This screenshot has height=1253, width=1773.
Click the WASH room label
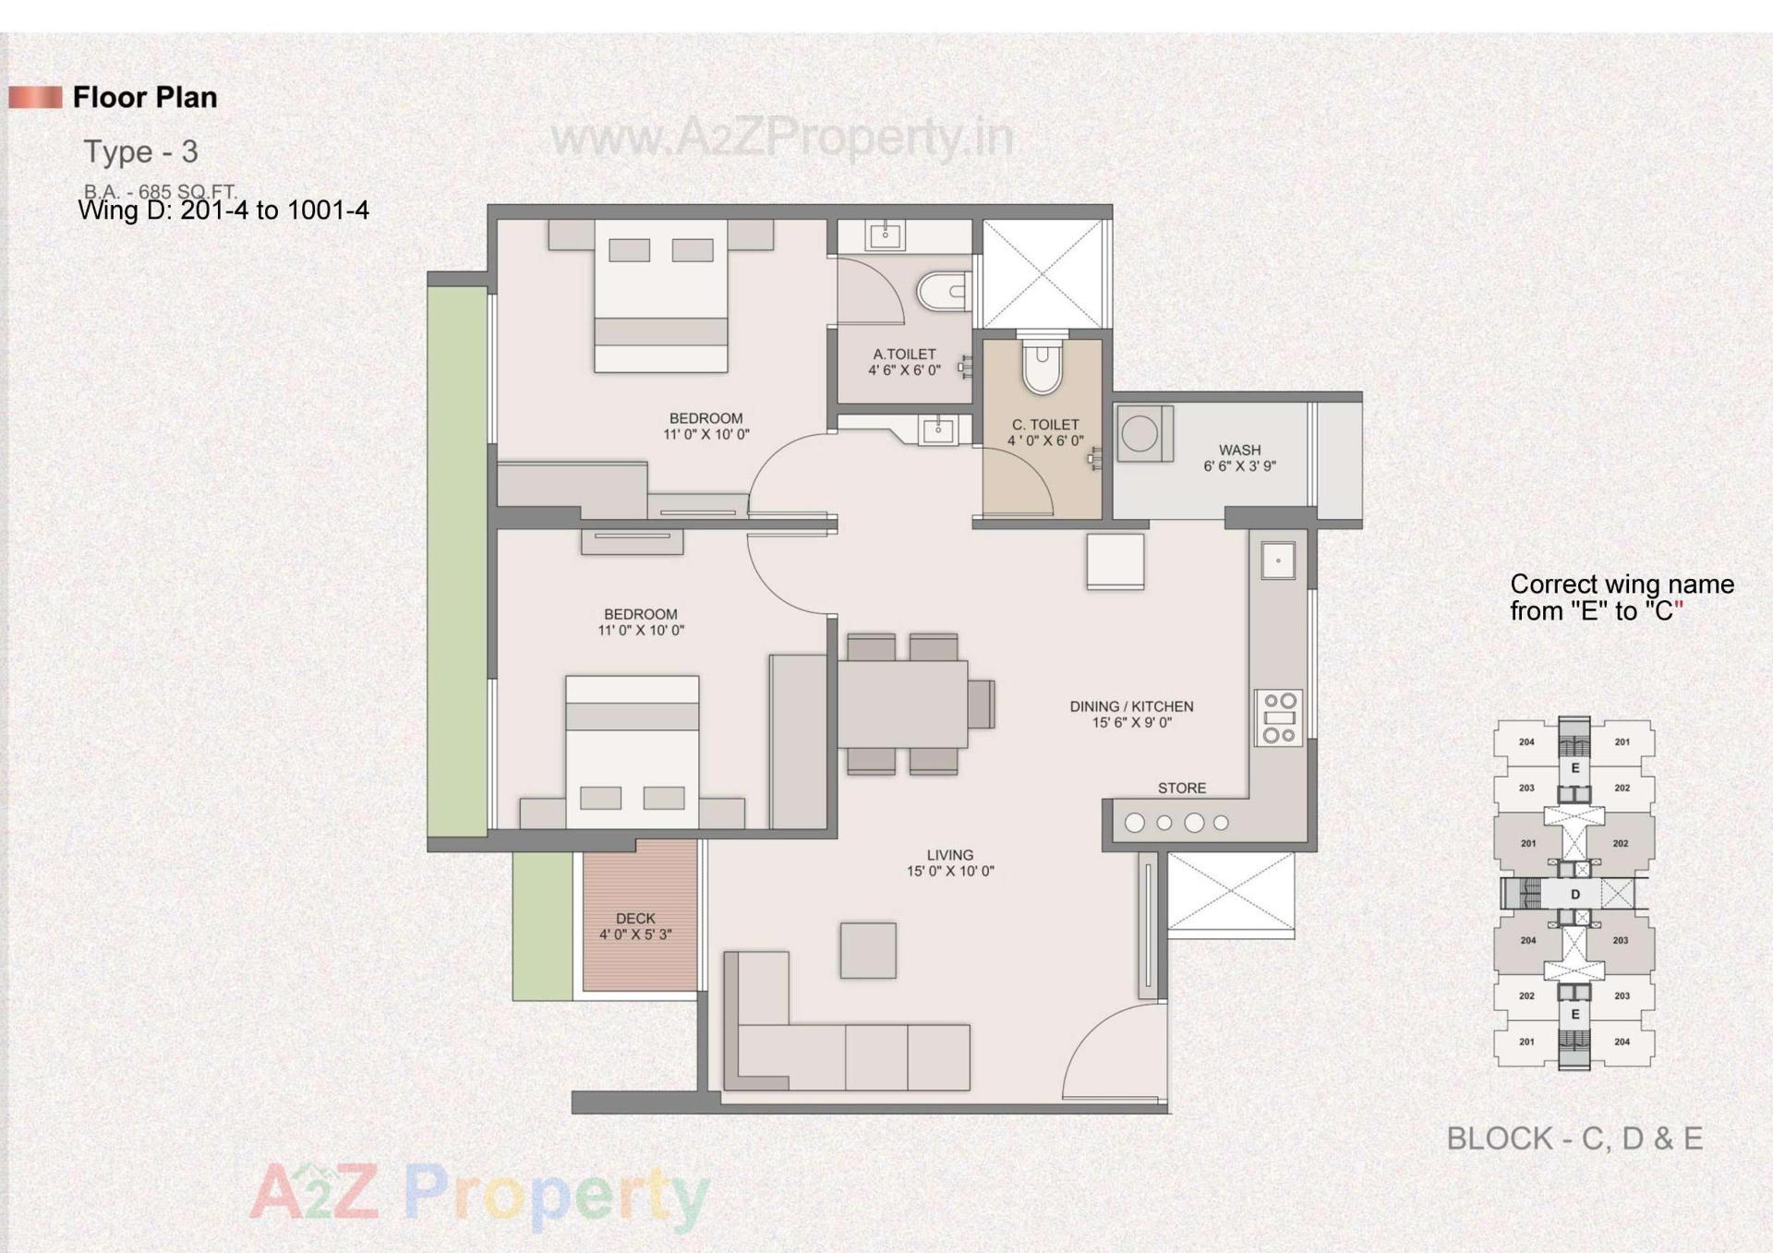click(x=1238, y=451)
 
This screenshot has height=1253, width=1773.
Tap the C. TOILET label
click(x=1044, y=425)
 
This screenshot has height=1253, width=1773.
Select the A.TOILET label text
click(x=904, y=354)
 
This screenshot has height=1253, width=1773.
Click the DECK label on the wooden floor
click(x=635, y=918)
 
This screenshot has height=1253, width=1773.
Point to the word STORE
click(x=1181, y=788)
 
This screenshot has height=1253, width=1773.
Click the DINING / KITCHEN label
click(x=1131, y=706)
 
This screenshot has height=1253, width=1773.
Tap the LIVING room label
click(x=949, y=855)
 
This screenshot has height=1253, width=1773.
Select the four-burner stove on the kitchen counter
click(x=1278, y=717)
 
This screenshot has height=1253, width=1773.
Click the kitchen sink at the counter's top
click(x=1277, y=560)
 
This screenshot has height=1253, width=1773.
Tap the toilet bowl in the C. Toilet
click(x=1043, y=366)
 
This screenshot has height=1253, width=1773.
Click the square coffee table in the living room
click(x=867, y=950)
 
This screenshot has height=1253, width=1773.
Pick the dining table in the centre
click(x=902, y=703)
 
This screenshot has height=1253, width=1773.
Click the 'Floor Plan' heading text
click(x=145, y=97)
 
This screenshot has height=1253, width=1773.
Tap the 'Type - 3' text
click(x=140, y=151)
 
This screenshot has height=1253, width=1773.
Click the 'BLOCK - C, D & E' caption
click(x=1574, y=1138)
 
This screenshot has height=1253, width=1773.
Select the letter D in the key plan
click(x=1574, y=894)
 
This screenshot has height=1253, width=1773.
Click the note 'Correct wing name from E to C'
click(x=1621, y=597)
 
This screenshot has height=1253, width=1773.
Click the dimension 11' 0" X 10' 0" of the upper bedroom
click(x=706, y=434)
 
